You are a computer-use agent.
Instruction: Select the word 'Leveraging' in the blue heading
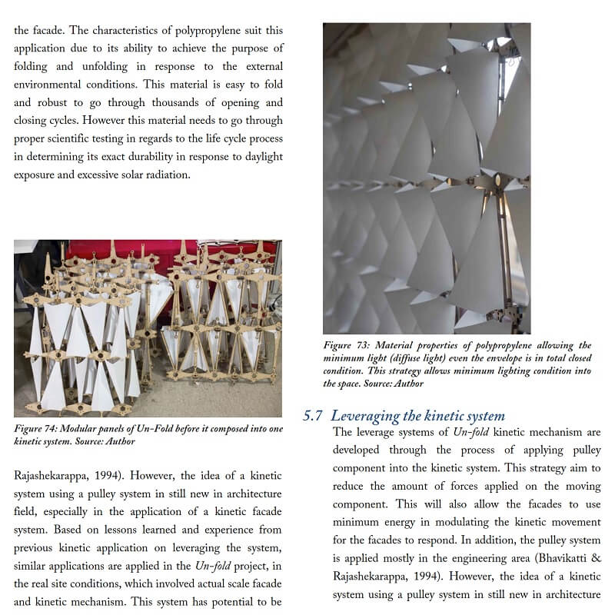point(367,416)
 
